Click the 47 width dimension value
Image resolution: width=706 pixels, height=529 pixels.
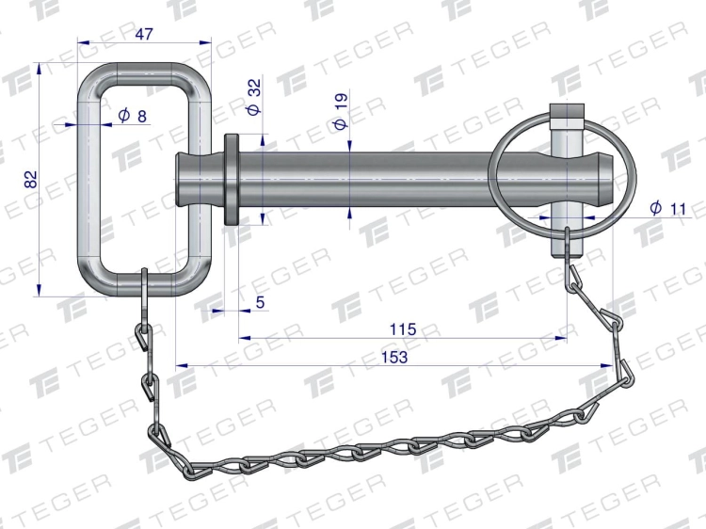coord(144,34)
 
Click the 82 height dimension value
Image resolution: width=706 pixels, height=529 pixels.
coord(31,179)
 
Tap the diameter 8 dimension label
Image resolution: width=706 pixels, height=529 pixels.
coord(133,116)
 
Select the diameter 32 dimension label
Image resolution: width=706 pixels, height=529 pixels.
coord(254,97)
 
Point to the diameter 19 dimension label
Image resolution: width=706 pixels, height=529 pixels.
coord(341,111)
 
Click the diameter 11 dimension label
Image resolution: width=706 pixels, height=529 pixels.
coord(668,208)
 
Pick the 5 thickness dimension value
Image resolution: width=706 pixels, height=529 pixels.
coord(260,302)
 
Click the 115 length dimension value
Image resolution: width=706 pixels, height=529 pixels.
coord(403,329)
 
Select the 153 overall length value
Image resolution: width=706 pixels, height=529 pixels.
coord(394,357)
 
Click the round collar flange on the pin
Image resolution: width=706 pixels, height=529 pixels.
coord(232,180)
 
